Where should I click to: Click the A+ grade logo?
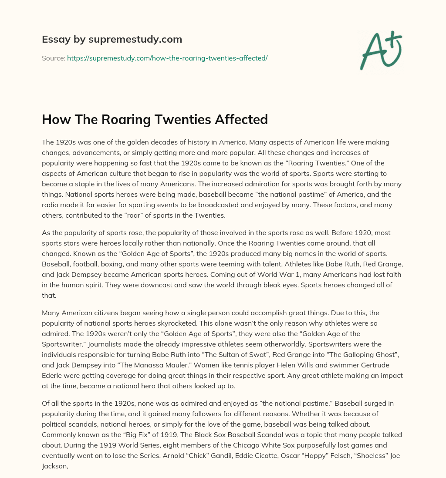point(381,50)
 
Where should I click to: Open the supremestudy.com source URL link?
point(167,58)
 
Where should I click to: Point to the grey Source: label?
point(53,58)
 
